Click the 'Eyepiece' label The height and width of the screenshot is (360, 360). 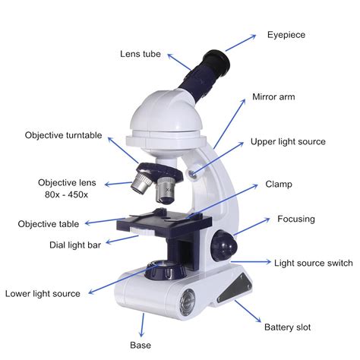pyautogui.click(x=287, y=35)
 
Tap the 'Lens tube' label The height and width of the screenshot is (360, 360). pyautogui.click(x=141, y=53)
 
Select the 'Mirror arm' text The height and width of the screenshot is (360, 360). pyautogui.click(x=273, y=98)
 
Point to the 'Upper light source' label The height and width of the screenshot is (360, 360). pyautogui.click(x=288, y=142)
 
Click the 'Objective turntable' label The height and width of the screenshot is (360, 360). pyautogui.click(x=63, y=135)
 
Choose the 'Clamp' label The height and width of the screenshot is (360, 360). pyautogui.click(x=279, y=185)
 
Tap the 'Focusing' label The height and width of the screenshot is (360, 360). pyautogui.click(x=295, y=219)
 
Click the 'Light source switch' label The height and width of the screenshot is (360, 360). pyautogui.click(x=313, y=263)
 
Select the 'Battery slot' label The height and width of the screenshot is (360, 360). pyautogui.click(x=287, y=327)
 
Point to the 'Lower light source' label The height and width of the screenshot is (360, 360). pyautogui.click(x=43, y=293)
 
